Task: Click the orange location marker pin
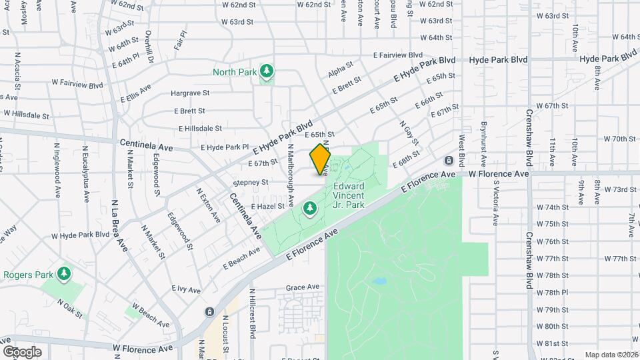click(320, 159)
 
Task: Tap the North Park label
click(234, 72)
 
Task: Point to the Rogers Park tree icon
click(64, 273)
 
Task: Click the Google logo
click(21, 351)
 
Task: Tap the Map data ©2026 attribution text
click(611, 355)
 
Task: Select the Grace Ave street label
click(303, 288)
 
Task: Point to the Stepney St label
click(251, 182)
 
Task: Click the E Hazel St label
click(268, 207)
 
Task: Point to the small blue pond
click(379, 281)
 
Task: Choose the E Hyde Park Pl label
click(224, 147)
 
